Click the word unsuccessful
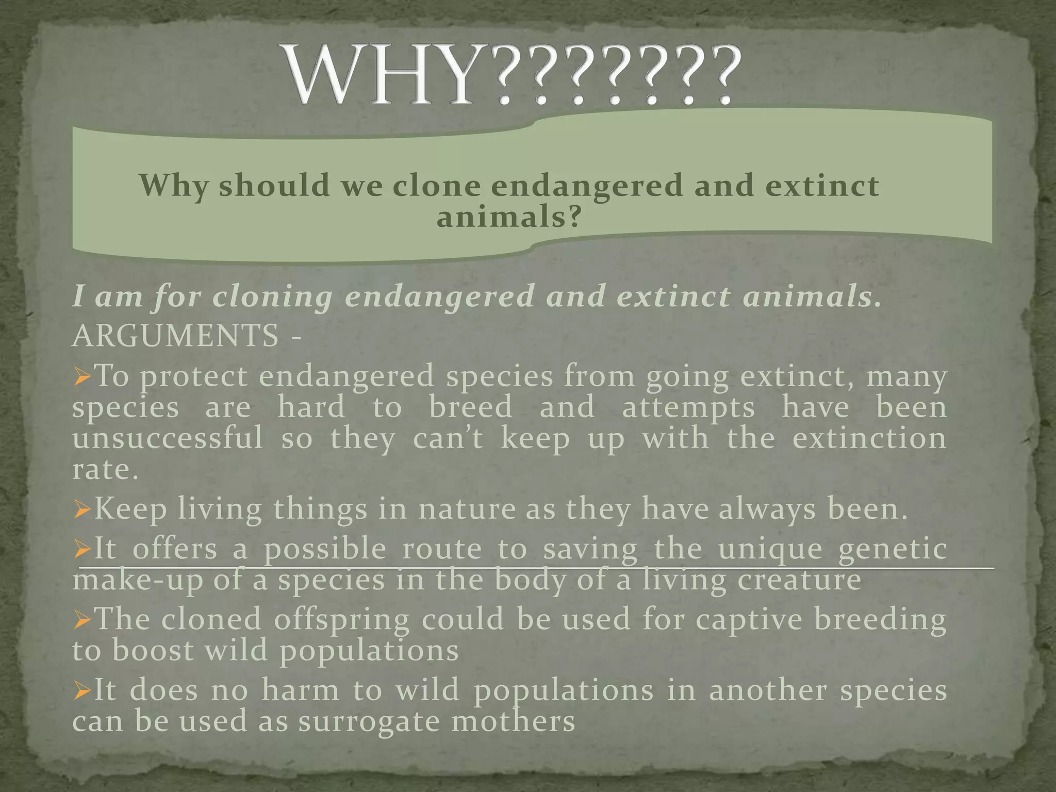pos(168,439)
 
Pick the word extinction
pos(869,439)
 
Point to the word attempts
pos(688,408)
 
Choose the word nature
pos(467,509)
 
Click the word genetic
pos(893,549)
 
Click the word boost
pos(153,650)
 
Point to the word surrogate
pos(369,721)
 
